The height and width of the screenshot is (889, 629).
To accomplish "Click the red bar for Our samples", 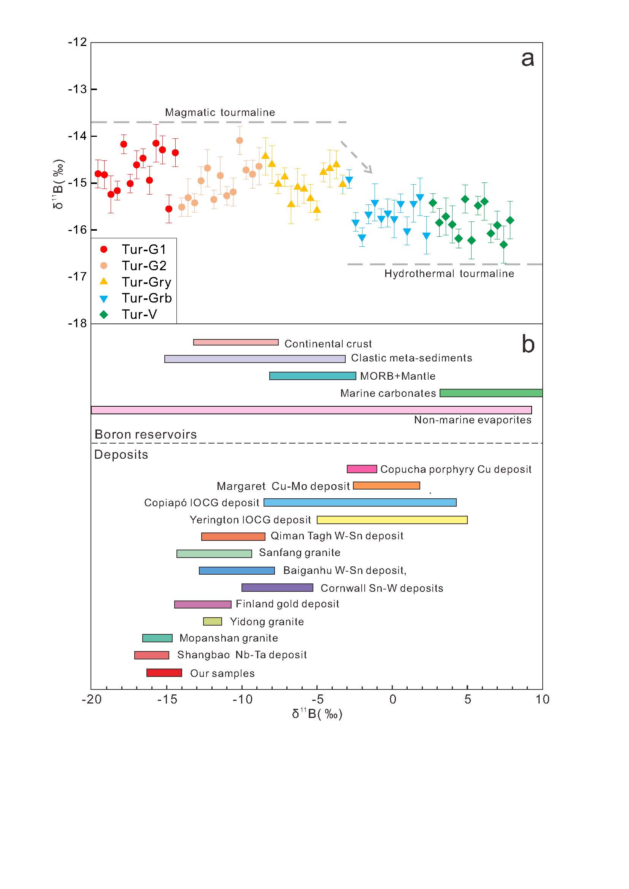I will coord(164,673).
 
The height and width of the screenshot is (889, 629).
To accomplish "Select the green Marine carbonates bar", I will coord(491,393).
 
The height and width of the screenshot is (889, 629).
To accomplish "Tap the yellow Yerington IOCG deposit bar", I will coord(392,520).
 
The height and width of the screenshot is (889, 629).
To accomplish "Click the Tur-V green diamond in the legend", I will coord(104,314).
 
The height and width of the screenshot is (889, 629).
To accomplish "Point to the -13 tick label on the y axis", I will coord(78,89).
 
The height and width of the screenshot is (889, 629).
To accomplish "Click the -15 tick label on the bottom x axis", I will coord(167,699).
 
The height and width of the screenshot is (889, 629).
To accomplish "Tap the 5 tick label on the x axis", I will coord(467,699).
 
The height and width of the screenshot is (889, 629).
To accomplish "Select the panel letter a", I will coord(527,59).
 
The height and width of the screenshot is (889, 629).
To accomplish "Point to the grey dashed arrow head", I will coord(369,170).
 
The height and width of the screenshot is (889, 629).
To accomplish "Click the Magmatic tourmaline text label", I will coord(220,112).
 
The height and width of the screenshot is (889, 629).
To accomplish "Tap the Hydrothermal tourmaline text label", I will coord(449,274).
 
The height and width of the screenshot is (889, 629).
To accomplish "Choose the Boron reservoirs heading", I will coord(146,434).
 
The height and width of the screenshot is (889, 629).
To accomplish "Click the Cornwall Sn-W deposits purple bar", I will coord(277,587).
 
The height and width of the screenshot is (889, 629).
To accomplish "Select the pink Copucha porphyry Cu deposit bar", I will coord(362,469).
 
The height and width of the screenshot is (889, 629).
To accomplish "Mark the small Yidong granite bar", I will coord(213,621).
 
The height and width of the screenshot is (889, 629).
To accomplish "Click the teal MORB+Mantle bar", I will coord(313,376).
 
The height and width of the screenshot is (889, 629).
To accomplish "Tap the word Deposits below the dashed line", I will coord(121,455).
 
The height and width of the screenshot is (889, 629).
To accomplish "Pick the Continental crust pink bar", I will coord(236,342).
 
